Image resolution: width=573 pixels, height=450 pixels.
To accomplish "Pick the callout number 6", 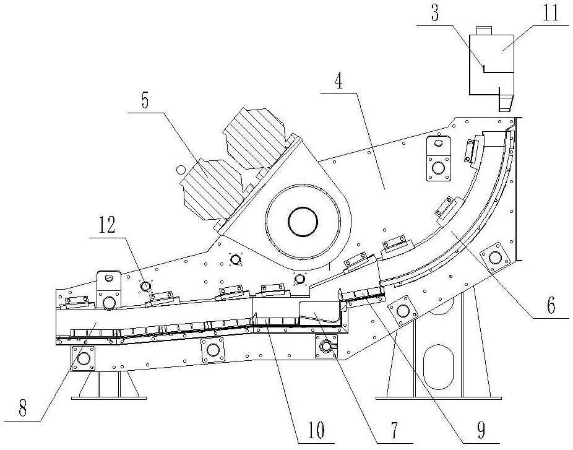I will click(x=551, y=305).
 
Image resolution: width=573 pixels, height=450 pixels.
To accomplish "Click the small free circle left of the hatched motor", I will click(x=180, y=169).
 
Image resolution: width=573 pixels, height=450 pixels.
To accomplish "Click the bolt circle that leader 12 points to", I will click(x=146, y=286).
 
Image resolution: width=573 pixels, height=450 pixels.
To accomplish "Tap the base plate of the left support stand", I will click(x=109, y=396).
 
